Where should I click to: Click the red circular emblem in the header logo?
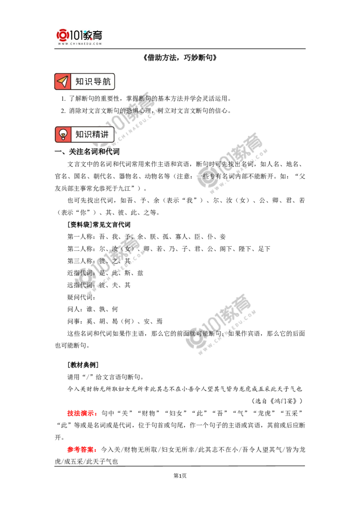61,36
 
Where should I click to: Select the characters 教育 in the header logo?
93,35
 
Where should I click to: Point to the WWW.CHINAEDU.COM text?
80,44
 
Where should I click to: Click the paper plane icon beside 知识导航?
63,82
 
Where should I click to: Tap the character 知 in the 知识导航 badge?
80,82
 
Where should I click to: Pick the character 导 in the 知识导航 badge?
98,82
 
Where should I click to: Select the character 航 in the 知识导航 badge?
107,82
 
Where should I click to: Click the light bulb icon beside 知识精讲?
63,134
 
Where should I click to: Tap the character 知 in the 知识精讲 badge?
80,134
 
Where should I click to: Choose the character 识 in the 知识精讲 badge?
89,134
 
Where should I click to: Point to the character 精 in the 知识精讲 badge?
98,134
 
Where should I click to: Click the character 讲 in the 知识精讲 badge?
107,134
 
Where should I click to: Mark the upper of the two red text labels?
81,413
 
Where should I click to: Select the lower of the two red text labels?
81,449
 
